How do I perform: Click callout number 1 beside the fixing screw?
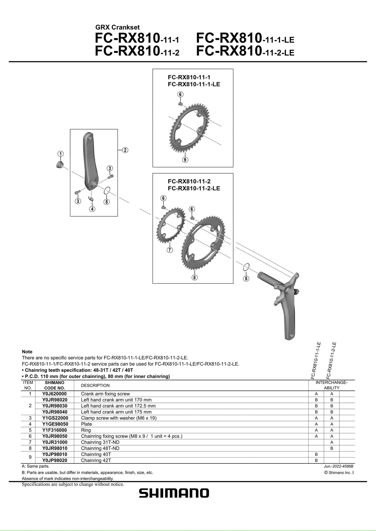tap(60, 154)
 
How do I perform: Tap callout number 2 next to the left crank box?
tap(125, 150)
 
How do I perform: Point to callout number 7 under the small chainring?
tap(170, 250)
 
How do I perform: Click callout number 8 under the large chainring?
tap(194, 277)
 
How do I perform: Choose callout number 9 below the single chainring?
tap(185, 160)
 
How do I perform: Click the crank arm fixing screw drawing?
tap(60, 164)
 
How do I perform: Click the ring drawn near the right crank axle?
tap(246, 267)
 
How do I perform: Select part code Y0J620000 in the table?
tap(54, 394)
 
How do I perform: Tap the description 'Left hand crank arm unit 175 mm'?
tap(116, 412)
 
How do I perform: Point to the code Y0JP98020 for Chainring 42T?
tap(55, 460)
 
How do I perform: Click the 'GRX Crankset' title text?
tap(118, 27)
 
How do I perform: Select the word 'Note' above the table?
tap(27, 352)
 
